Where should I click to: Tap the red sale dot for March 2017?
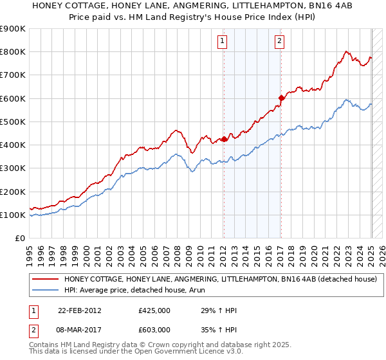pyautogui.click(x=281, y=98)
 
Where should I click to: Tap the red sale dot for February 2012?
pyautogui.click(x=224, y=139)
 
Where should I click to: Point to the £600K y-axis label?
pyautogui.click(x=13, y=98)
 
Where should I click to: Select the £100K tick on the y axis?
pyautogui.click(x=13, y=215)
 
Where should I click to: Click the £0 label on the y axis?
pyautogui.click(x=19, y=238)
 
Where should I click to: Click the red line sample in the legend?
pyautogui.click(x=45, y=279)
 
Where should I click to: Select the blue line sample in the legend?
pyautogui.click(x=45, y=290)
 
